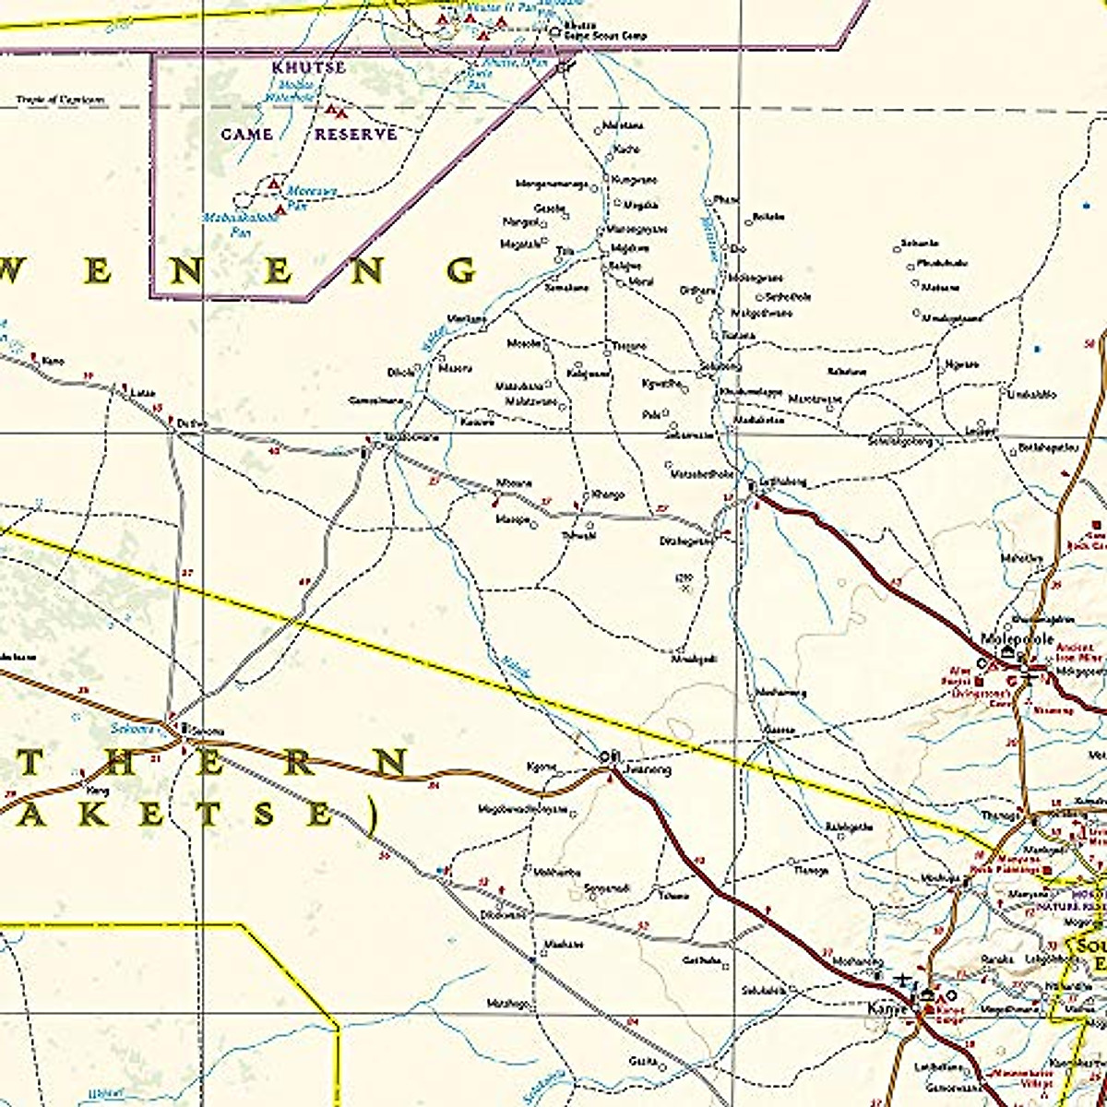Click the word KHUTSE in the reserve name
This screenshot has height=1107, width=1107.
308,67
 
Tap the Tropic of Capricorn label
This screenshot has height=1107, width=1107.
60,100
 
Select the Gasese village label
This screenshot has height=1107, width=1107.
780,730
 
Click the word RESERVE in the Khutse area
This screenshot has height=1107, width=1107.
356,135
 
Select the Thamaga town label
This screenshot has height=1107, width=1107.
1000,815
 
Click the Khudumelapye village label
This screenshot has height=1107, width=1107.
750,392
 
